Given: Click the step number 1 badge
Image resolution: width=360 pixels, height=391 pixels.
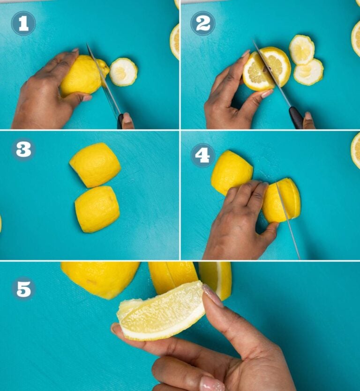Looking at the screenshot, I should click(23, 23).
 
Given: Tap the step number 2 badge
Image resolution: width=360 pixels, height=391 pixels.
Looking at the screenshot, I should click(203, 23).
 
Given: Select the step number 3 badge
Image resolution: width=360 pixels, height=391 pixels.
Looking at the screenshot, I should click(23, 150).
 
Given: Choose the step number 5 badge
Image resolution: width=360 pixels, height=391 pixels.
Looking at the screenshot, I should click(23, 288).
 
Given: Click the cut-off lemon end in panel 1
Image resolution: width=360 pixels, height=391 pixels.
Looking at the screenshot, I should click(123, 72).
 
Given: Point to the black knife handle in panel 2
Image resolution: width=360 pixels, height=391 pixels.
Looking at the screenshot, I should click(296, 118).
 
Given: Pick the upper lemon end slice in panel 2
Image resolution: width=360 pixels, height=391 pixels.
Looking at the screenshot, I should click(301, 49).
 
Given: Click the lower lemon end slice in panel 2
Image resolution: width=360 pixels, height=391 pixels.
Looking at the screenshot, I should click(308, 73).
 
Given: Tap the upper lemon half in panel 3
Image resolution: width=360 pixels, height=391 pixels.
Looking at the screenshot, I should click(95, 165).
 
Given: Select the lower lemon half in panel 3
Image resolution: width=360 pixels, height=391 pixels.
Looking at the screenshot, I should click(97, 209).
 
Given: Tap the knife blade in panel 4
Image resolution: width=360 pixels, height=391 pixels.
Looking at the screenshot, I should click(288, 220).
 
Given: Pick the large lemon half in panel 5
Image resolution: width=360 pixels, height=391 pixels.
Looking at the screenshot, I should click(101, 278).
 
